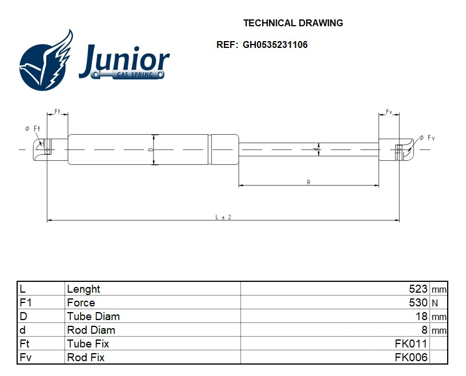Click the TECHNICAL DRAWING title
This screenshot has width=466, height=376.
(x=293, y=23)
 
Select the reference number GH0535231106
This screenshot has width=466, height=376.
(x=275, y=45)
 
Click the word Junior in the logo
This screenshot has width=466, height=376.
(x=124, y=61)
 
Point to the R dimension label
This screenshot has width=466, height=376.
(x=308, y=182)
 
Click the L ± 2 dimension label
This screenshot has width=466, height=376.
(x=223, y=217)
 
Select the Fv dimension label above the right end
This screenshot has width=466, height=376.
(x=389, y=111)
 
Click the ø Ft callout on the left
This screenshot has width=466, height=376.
(x=33, y=129)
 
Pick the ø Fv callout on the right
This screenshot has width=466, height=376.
(x=427, y=138)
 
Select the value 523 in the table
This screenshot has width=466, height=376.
(x=418, y=289)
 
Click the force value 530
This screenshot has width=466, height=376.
(x=418, y=303)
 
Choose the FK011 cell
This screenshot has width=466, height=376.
(x=411, y=344)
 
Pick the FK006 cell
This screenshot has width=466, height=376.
(x=411, y=358)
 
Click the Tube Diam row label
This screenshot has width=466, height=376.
(x=93, y=317)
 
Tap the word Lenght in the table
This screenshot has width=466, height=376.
(x=83, y=289)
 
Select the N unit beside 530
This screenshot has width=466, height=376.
(x=435, y=304)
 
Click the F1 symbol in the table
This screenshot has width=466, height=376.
(x=25, y=303)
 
